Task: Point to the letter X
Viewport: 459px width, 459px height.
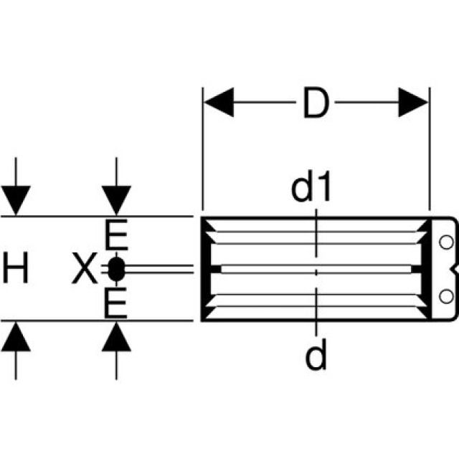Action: tap(84, 270)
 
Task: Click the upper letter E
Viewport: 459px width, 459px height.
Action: tap(115, 235)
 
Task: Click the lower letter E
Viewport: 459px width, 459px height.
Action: tap(115, 303)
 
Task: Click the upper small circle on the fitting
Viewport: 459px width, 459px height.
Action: tap(446, 241)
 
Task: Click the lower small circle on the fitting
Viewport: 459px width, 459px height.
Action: tap(446, 295)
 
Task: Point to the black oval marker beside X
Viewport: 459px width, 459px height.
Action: tap(117, 270)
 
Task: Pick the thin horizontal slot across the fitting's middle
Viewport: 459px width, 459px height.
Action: tap(316, 269)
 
